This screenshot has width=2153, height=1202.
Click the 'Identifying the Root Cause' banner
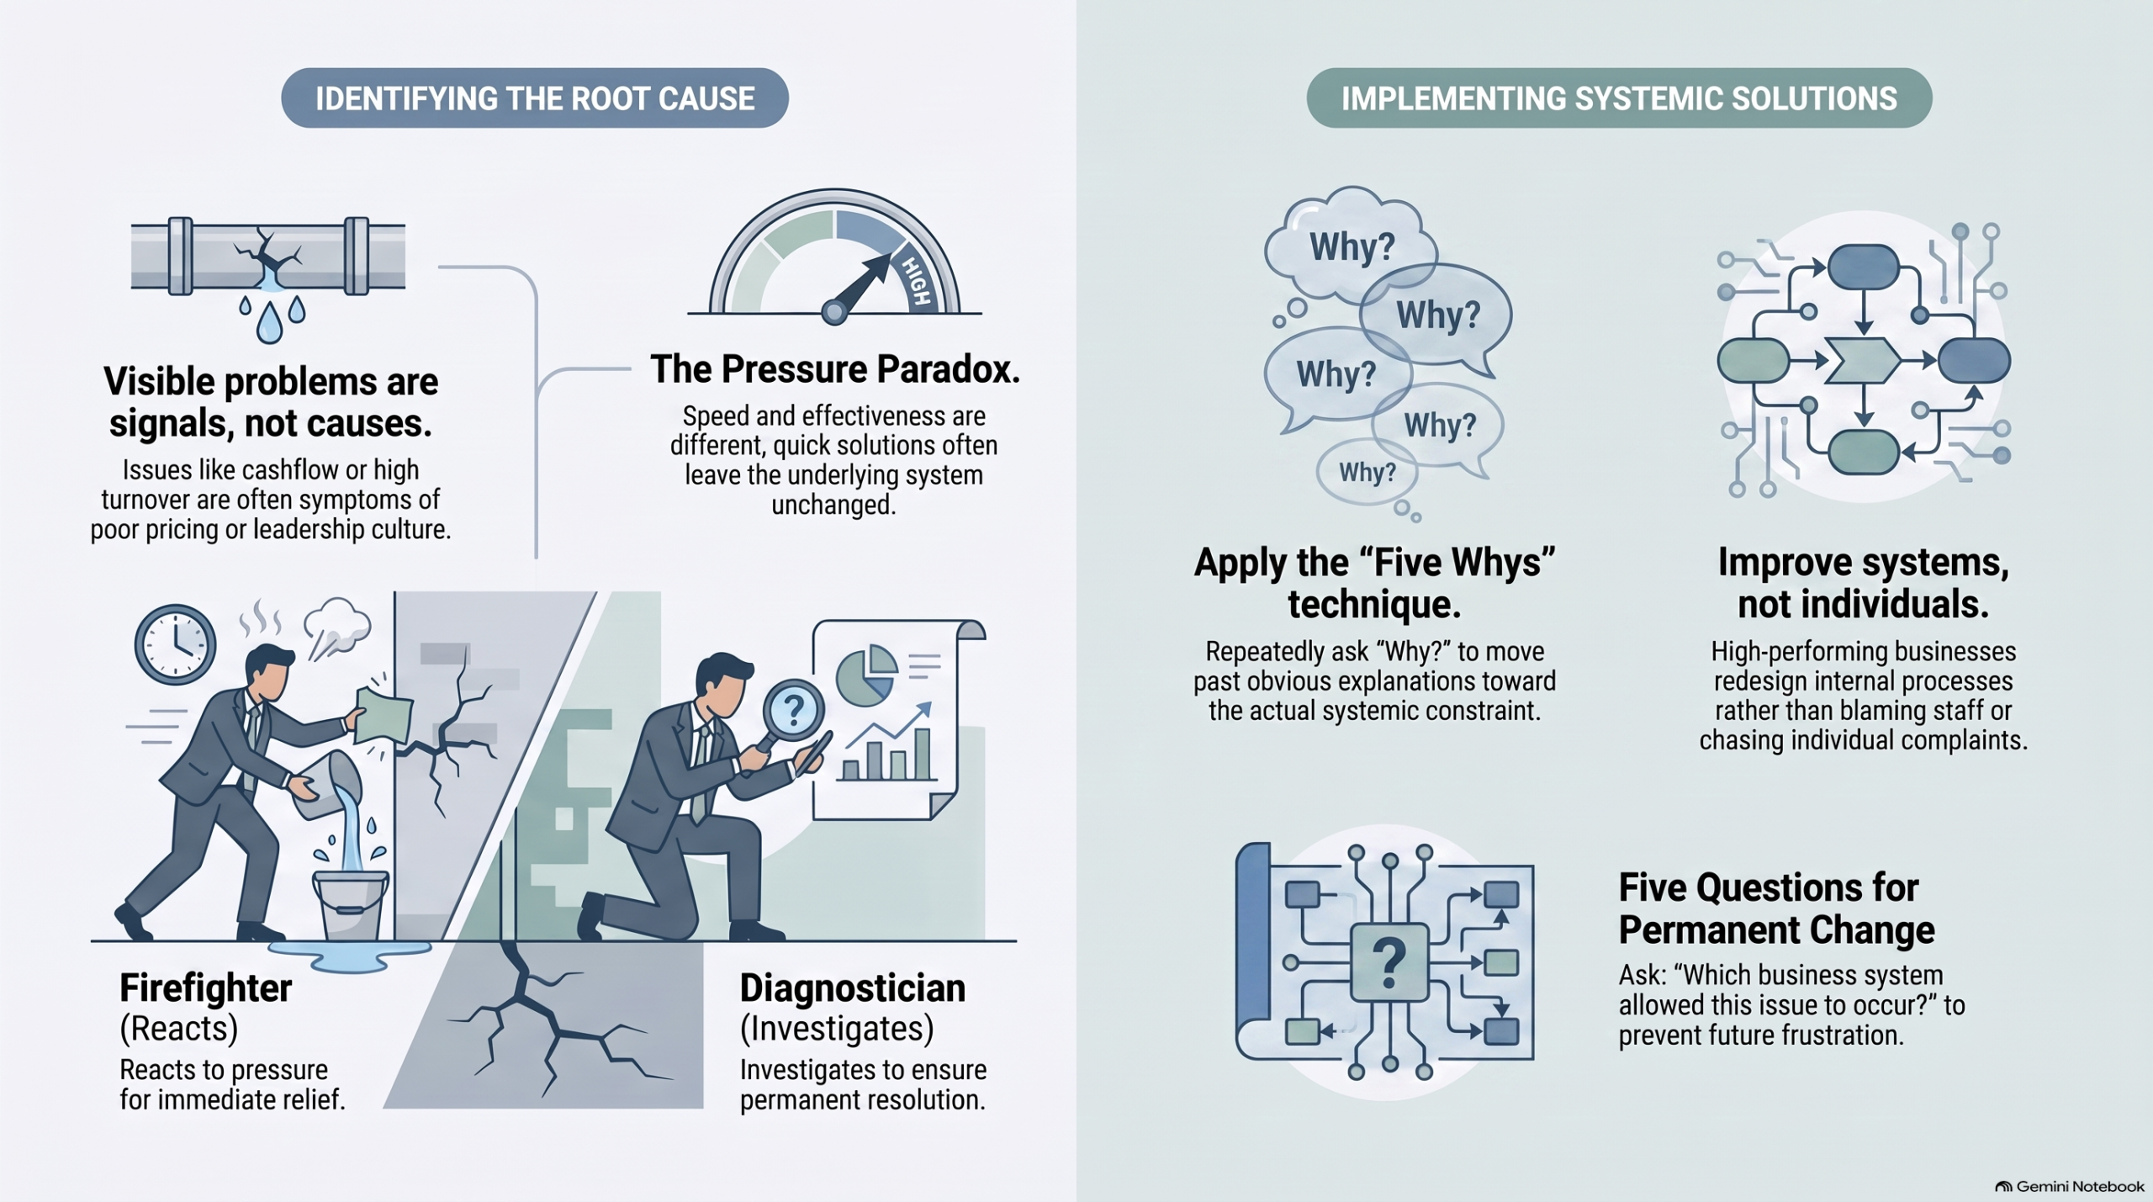point(535,98)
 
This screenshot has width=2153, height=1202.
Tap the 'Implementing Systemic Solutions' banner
point(1619,98)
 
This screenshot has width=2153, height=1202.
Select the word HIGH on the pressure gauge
point(916,281)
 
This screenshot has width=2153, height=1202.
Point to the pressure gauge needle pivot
point(834,312)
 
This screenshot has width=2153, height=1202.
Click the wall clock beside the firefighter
point(175,644)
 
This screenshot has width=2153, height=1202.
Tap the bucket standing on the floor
point(351,905)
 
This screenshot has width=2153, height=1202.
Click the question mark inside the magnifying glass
point(793,710)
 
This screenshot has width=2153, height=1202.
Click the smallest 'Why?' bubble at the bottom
point(1367,472)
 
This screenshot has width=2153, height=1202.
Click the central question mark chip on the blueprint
point(1389,962)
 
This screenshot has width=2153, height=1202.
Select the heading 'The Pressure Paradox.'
point(835,369)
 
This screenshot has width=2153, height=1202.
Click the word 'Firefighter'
point(205,988)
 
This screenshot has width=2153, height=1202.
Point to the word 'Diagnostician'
point(853,988)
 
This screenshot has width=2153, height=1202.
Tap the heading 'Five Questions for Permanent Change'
point(1776,908)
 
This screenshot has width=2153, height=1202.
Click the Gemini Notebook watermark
point(2070,1186)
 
